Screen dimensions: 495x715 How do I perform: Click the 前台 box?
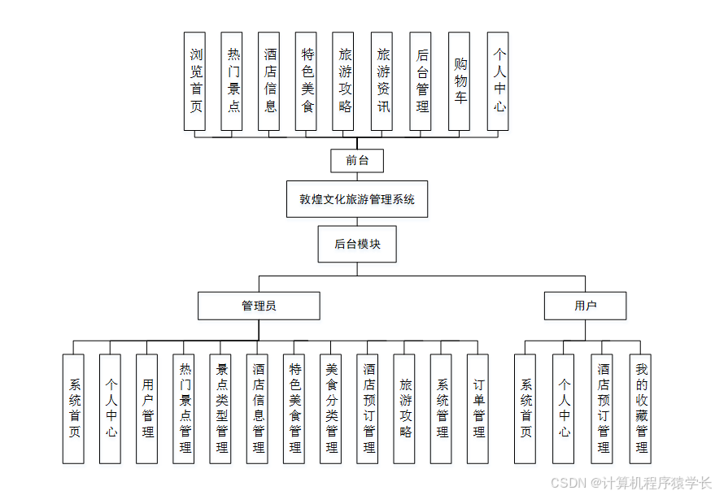point(356,161)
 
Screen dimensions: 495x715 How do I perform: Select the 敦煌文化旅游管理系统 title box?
point(356,199)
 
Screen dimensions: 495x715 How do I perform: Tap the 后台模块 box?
point(356,244)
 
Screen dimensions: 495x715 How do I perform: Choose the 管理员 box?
point(259,306)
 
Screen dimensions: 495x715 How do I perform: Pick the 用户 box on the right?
point(585,306)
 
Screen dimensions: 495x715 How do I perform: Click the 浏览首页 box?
point(195,80)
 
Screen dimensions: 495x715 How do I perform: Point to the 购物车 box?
point(460,80)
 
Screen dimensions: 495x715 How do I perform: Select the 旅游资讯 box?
point(383,80)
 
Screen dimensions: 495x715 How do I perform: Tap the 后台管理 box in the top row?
point(421,80)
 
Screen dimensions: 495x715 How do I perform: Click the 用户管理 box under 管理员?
point(147,408)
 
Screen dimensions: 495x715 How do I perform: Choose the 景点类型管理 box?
point(221,408)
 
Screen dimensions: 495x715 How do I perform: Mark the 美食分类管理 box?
point(331,408)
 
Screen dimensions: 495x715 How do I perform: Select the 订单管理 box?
point(478,408)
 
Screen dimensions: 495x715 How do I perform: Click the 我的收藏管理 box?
point(641,408)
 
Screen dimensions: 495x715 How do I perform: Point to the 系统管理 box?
point(442,408)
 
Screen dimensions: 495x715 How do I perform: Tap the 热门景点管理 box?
point(184,408)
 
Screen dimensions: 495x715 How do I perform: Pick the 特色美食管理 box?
point(294,408)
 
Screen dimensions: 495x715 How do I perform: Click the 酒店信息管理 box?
point(258,408)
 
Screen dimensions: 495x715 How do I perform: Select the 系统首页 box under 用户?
point(525,408)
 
